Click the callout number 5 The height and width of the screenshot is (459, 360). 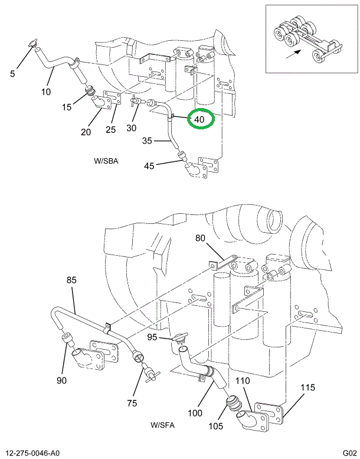[x=13, y=74]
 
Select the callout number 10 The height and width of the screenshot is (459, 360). [x=46, y=92]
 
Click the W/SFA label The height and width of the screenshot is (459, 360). [x=162, y=425]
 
